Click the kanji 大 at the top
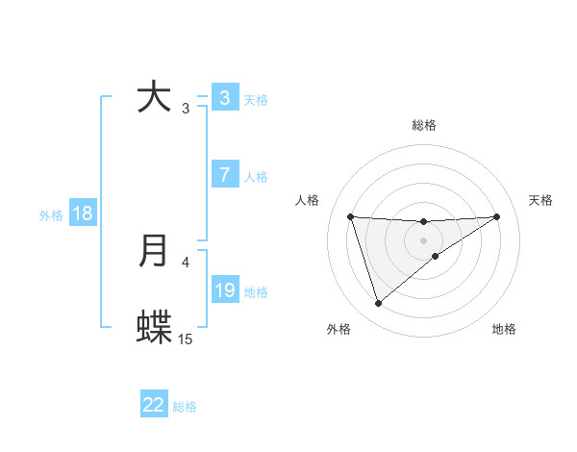[x=155, y=97]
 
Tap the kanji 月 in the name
[x=155, y=251]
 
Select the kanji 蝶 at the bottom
[x=155, y=328]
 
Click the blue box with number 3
[x=224, y=97]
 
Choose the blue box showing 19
[x=224, y=289]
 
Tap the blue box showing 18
[x=83, y=213]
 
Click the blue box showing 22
[x=154, y=405]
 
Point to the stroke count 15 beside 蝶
[x=186, y=339]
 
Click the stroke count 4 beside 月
[x=186, y=262]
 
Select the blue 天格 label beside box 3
[x=256, y=99]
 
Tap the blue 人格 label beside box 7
[x=256, y=177]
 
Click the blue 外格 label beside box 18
[x=51, y=215]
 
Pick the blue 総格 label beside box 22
[x=185, y=407]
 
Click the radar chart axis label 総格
[x=424, y=125]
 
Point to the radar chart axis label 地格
[x=504, y=329]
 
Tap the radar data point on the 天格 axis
[x=497, y=216]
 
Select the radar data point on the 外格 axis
[x=378, y=304]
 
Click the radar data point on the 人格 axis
[x=350, y=216]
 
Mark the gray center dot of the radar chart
[x=424, y=239]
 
